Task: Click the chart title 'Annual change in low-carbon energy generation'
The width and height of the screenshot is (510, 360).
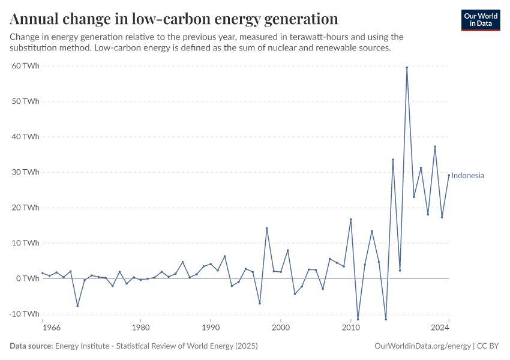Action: [174, 19]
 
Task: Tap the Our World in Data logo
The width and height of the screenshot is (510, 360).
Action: [481, 20]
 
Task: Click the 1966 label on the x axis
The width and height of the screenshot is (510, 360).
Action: [52, 328]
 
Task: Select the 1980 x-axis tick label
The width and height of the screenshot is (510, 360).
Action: [140, 328]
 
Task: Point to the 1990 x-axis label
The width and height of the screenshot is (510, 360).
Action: [211, 328]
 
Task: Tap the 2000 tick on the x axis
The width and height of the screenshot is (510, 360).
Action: [281, 328]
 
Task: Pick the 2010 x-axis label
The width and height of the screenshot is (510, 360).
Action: [351, 328]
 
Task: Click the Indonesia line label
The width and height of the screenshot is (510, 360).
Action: [467, 176]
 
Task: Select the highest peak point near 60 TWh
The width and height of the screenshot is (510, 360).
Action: [407, 68]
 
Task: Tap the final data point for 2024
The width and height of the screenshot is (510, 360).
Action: [449, 175]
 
